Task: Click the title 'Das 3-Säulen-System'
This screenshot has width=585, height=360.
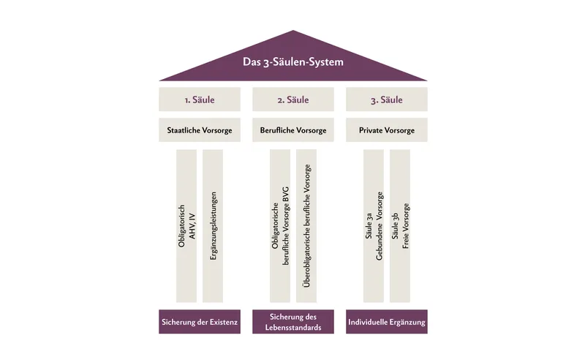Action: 293,61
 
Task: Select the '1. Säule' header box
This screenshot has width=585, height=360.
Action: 200,100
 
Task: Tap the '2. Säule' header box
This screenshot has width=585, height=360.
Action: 293,100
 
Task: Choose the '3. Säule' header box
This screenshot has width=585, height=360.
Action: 387,100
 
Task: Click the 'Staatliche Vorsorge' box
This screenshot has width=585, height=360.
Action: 200,130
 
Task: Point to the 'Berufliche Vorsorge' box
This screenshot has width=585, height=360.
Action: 293,130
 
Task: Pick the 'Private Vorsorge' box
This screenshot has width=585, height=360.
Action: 387,130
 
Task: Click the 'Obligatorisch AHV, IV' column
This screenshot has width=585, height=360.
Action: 186,226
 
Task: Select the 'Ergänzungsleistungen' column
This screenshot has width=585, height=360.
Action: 213,226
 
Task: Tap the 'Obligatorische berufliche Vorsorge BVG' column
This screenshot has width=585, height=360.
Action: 280,226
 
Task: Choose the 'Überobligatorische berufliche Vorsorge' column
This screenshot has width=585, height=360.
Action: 306,226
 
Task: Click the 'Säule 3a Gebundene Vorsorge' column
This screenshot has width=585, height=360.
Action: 374,226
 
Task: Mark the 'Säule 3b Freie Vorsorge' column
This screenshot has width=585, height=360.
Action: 400,226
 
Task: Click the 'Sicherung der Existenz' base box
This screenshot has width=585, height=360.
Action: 200,321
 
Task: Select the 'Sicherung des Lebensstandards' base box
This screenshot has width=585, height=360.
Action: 293,321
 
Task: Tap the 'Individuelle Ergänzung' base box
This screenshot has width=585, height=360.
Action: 387,321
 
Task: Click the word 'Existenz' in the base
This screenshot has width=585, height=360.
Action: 224,322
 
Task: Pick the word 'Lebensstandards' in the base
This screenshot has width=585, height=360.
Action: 293,328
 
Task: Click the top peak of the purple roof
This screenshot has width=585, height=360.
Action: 293,30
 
